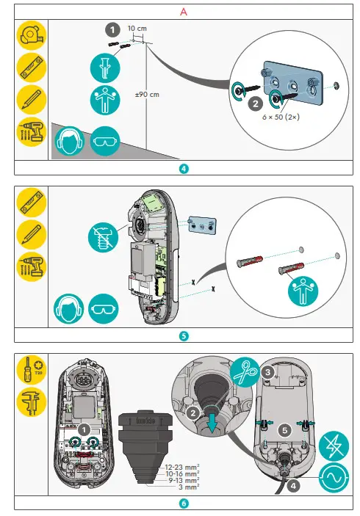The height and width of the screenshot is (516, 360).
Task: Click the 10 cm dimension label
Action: [x=137, y=28]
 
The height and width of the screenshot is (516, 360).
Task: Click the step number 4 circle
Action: [x=184, y=167]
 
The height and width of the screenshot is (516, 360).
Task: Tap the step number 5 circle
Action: [x=184, y=335]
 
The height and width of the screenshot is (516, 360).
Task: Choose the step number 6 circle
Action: [x=184, y=504]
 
